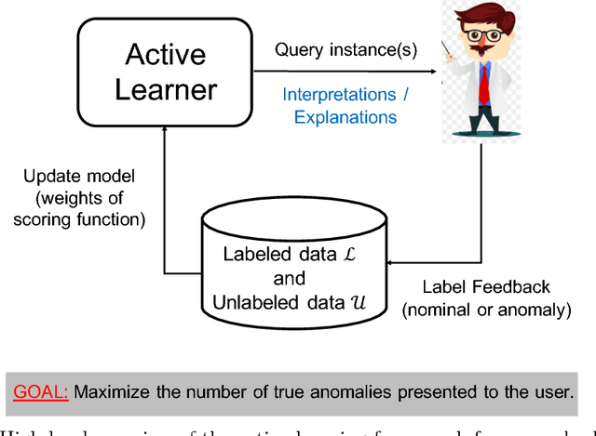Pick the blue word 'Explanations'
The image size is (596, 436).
(x=345, y=117)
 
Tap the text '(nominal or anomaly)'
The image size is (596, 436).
(x=486, y=309)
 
